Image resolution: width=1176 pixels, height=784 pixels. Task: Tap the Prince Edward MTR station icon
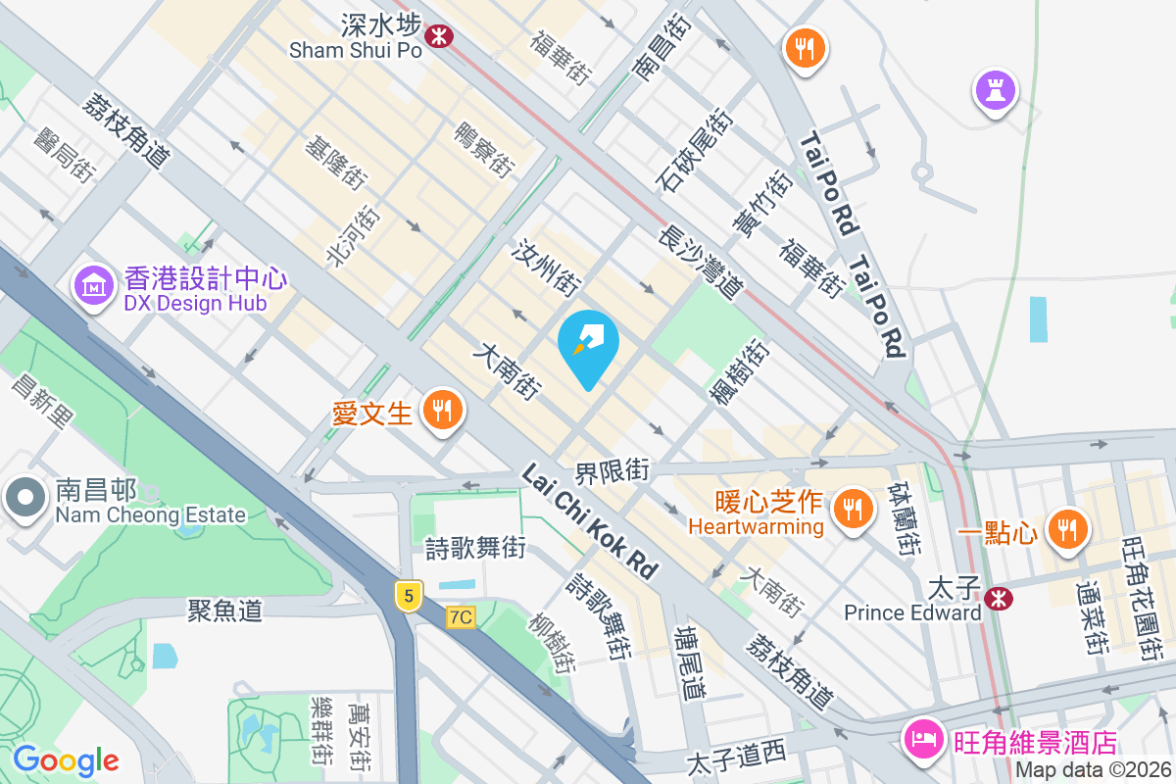pos(999,597)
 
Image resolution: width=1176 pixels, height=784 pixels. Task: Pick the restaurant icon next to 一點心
pos(1065,529)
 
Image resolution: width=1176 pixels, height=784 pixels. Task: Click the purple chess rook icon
pos(995,91)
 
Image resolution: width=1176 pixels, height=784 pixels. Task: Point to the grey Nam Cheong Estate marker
pos(24,498)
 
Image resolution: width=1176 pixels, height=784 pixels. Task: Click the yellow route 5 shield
pos(409,595)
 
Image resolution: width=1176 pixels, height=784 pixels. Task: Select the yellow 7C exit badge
pos(460,617)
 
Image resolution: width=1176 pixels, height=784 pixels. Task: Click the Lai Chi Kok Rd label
pos(589,522)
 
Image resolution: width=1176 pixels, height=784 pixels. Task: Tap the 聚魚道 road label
pos(224,610)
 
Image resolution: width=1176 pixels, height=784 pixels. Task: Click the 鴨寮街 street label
pos(484,150)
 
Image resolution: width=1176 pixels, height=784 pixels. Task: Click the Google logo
pos(66,759)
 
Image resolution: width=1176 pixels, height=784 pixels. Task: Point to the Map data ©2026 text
pos(1091,770)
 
